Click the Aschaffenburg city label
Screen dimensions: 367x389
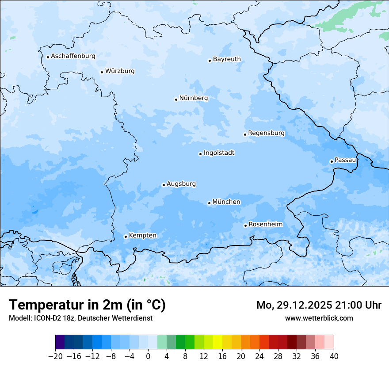(x=73, y=56)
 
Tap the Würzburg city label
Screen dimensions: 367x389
(x=120, y=71)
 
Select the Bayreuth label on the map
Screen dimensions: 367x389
(x=227, y=59)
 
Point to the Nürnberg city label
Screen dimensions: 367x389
(x=193, y=98)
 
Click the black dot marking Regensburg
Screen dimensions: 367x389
(x=245, y=134)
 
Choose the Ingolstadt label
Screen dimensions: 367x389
(x=219, y=153)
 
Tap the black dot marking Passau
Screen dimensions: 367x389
(x=332, y=161)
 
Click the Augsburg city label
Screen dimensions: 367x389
(x=181, y=184)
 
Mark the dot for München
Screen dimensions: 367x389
(x=209, y=203)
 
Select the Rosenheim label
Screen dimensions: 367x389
(x=265, y=225)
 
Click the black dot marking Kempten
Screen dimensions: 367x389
(x=126, y=237)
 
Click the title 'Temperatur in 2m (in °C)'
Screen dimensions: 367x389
(x=87, y=305)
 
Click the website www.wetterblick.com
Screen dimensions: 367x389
(x=319, y=318)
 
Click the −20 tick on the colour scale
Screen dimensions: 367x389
(x=56, y=356)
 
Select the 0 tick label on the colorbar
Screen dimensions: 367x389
(x=148, y=356)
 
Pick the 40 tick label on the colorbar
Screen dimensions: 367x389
(x=334, y=356)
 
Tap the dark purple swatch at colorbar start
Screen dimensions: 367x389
(x=60, y=342)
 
